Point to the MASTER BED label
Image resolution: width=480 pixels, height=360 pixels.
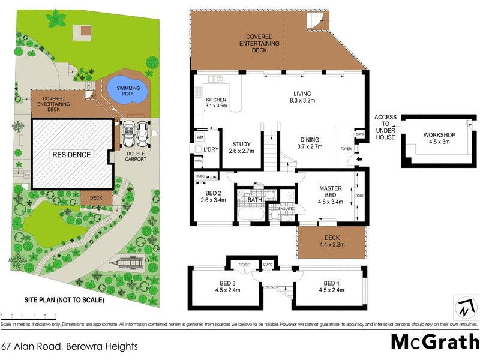(x=331, y=191)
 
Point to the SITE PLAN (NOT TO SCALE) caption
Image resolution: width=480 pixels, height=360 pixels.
(x=64, y=299)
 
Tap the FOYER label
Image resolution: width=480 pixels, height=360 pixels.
(x=346, y=148)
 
